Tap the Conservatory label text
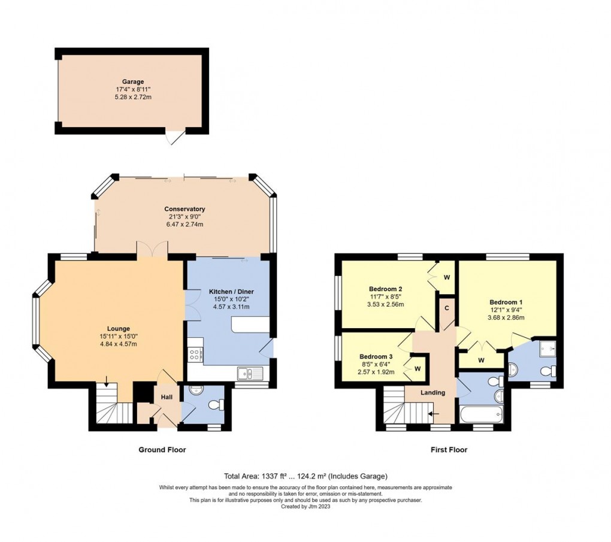pyautogui.click(x=184, y=209)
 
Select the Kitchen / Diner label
pyautogui.click(x=229, y=292)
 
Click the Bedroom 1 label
pyautogui.click(x=506, y=302)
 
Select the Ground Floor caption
pyautogui.click(x=162, y=450)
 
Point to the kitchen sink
pyautogui.click(x=250, y=374)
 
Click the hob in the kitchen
pyautogui.click(x=195, y=354)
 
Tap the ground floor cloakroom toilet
pyautogui.click(x=214, y=405)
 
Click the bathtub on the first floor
pyautogui.click(x=482, y=414)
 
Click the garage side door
pyautogui.click(x=174, y=137)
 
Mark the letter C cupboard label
pyautogui.click(x=446, y=308)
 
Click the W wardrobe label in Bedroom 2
pyautogui.click(x=446, y=277)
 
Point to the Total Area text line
pyautogui.click(x=305, y=476)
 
